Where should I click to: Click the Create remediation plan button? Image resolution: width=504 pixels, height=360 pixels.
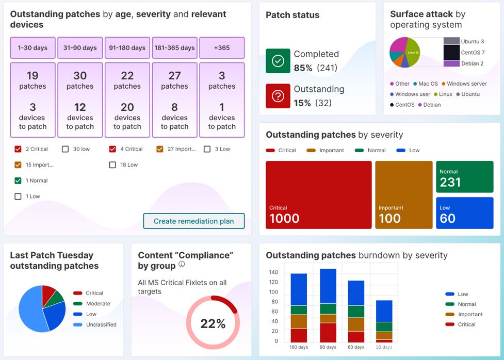pyautogui.click(x=193, y=221)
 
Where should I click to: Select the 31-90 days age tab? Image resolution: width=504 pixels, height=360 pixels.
pyautogui.click(x=80, y=48)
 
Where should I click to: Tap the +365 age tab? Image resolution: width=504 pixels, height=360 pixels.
pyautogui.click(x=222, y=48)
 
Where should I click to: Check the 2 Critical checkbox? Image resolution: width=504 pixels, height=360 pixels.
pyautogui.click(x=19, y=149)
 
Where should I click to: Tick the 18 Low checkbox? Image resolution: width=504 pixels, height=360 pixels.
pyautogui.click(x=113, y=165)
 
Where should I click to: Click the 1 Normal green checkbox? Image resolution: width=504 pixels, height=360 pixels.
pyautogui.click(x=19, y=181)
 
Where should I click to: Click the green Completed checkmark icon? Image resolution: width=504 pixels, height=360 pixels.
pyautogui.click(x=278, y=61)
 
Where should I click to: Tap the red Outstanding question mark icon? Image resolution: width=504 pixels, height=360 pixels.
pyautogui.click(x=278, y=96)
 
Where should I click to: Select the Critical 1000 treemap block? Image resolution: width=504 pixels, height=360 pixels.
pyautogui.click(x=318, y=194)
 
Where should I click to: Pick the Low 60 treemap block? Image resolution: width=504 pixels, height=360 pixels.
pyautogui.click(x=464, y=212)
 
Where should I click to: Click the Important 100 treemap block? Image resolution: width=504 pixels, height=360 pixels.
pyautogui.click(x=403, y=194)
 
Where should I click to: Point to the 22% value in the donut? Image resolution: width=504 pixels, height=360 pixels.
pyautogui.click(x=213, y=324)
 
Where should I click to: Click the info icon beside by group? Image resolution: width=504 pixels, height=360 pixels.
pyautogui.click(x=182, y=265)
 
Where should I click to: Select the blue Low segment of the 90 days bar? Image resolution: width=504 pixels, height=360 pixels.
pyautogui.click(x=328, y=286)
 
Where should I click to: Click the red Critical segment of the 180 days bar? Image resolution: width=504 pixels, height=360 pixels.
pyautogui.click(x=299, y=335)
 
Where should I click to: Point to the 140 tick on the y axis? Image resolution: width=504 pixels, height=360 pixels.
pyautogui.click(x=273, y=272)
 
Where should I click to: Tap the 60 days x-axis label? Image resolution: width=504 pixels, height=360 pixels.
pyautogui.click(x=356, y=347)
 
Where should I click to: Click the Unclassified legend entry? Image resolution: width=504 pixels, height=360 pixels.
pyautogui.click(x=101, y=325)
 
